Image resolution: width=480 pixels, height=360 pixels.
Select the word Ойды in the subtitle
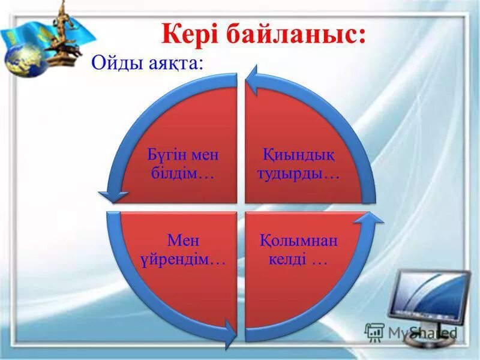click(117, 64)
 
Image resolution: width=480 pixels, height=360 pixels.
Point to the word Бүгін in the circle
click(167, 155)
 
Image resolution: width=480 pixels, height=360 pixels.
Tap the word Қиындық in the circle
click(298, 155)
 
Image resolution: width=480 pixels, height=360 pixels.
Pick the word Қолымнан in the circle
click(298, 241)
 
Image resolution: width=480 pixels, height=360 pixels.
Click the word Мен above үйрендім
click(183, 241)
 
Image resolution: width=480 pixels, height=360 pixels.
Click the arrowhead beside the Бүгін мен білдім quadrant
click(113, 197)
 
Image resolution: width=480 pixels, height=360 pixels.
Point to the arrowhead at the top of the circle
click(253, 80)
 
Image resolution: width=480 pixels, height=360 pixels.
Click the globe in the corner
click(26, 60)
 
